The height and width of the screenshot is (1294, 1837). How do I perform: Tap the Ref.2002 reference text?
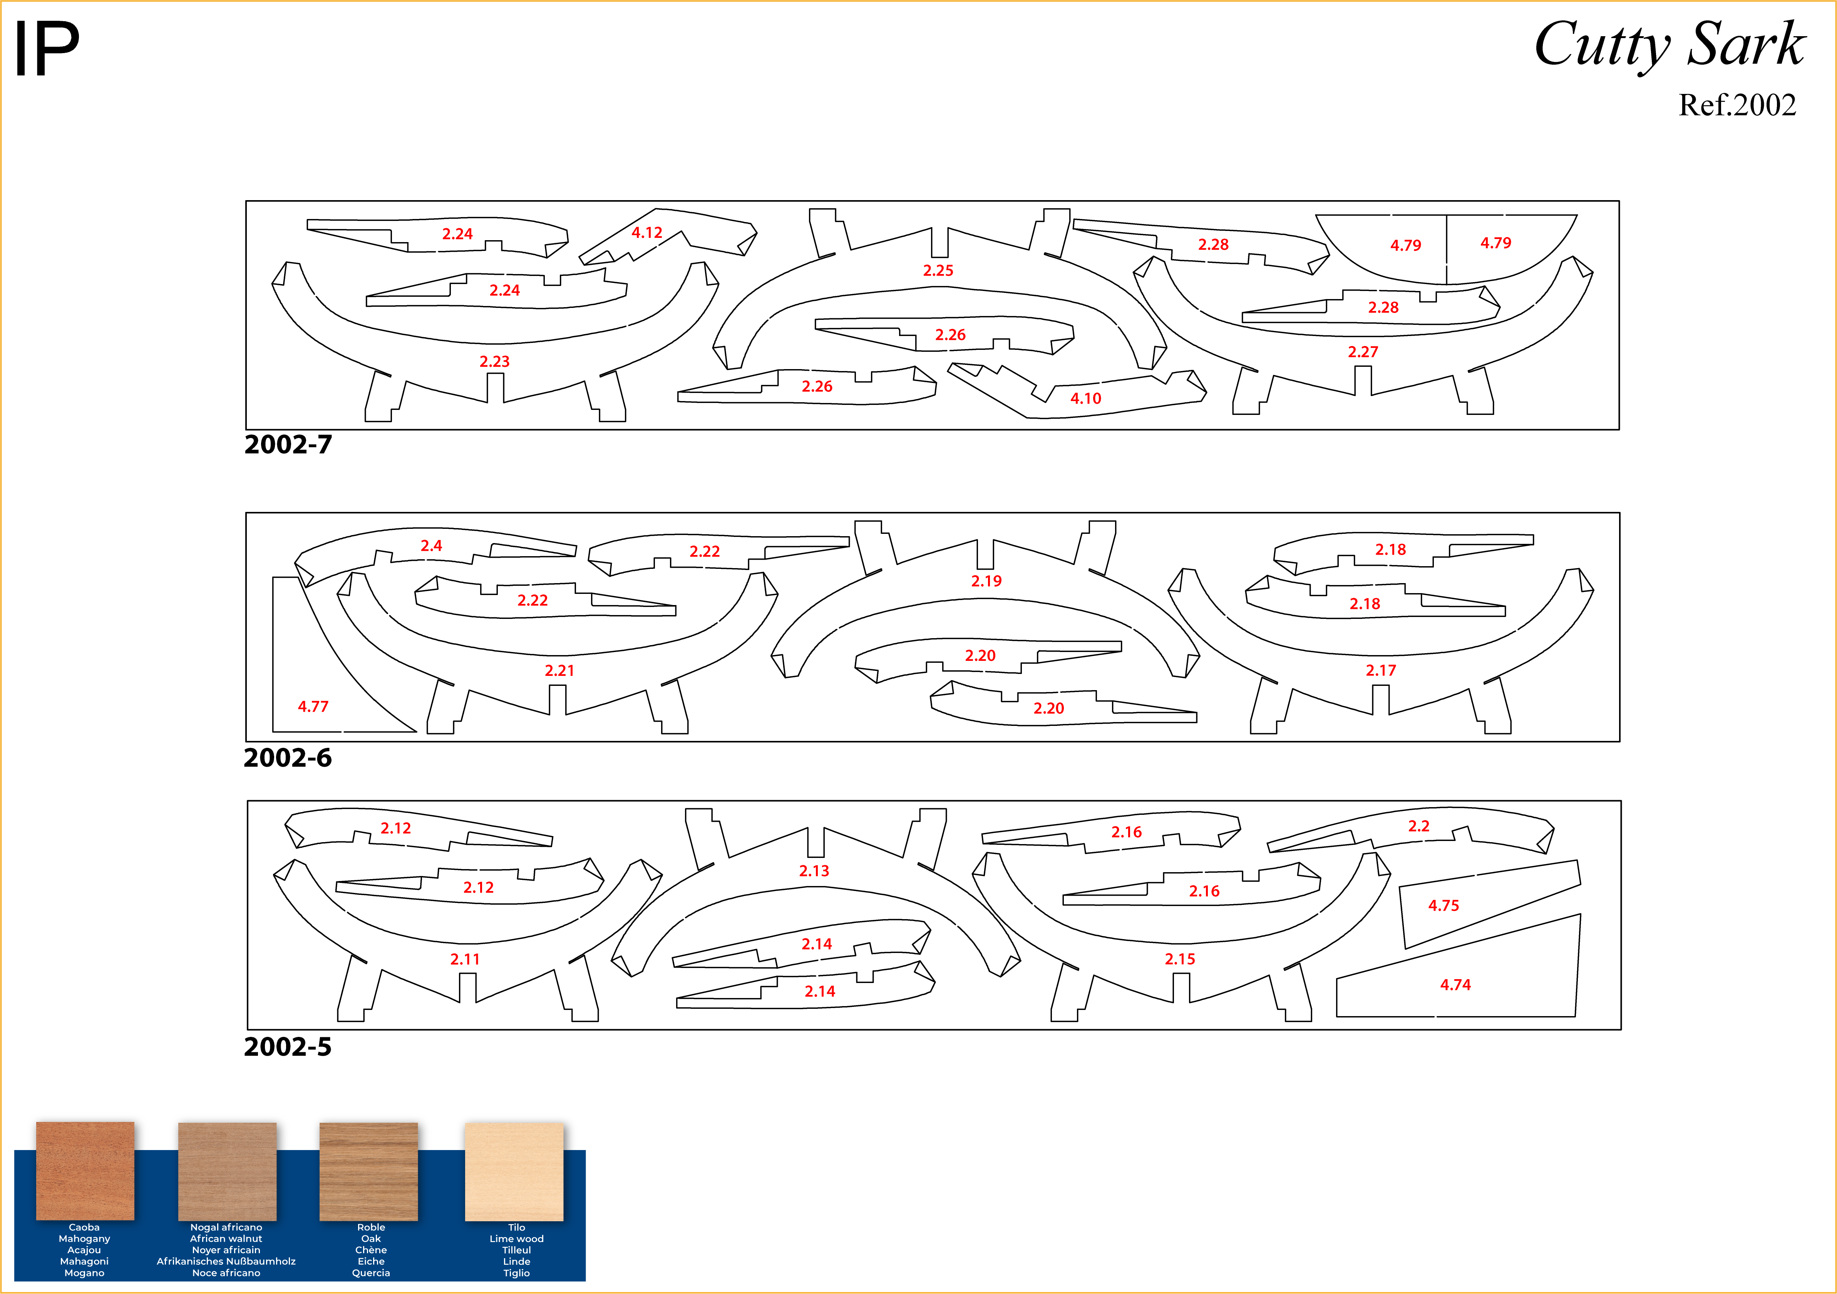tap(1736, 105)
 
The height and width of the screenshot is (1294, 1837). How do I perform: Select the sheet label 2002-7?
tap(288, 445)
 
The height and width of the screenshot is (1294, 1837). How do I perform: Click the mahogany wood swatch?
tap(85, 1171)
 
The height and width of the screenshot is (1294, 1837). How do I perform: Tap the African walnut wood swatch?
tap(227, 1171)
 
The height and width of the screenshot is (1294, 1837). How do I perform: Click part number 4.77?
tap(313, 706)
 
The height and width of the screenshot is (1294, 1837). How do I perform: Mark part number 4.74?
tap(1455, 985)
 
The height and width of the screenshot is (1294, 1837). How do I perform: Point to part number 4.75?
tap(1443, 905)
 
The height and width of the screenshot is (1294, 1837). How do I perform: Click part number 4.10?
tap(1086, 398)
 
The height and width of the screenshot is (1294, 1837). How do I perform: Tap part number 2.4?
tap(431, 545)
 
